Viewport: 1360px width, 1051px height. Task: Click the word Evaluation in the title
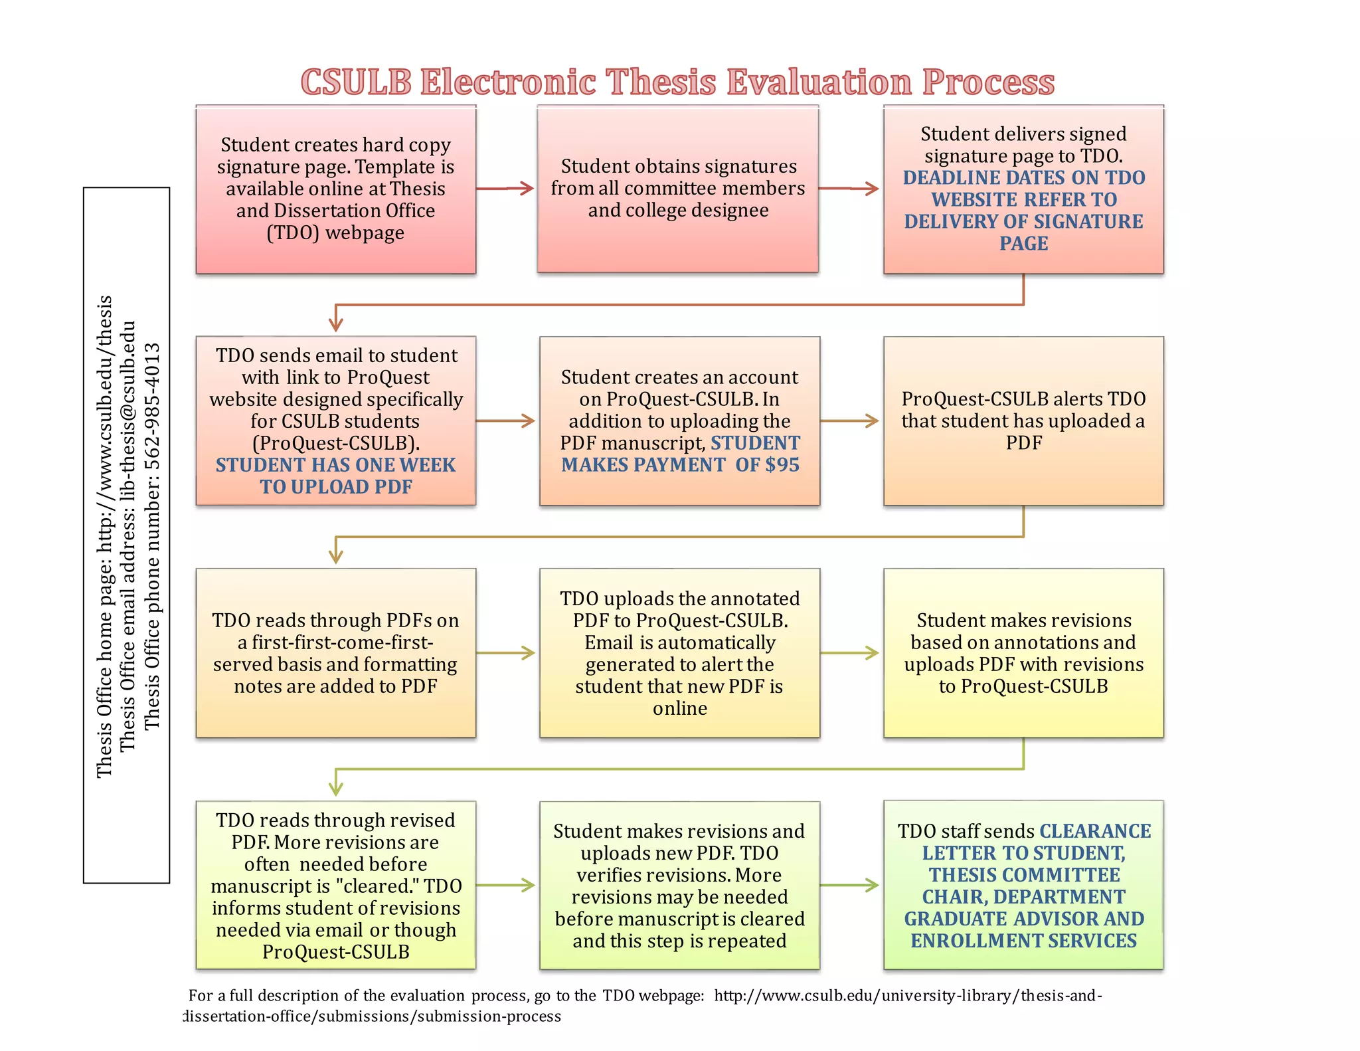pos(818,82)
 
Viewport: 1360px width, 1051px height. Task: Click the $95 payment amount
pos(783,464)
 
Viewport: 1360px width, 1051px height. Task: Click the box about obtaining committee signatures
pos(677,189)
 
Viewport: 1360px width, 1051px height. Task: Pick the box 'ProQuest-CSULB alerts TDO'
pos(1023,421)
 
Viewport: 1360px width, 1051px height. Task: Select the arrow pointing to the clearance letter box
pos(851,885)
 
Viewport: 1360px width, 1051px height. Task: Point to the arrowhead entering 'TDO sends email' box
pos(336,324)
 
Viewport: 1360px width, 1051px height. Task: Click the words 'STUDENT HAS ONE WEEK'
pos(335,465)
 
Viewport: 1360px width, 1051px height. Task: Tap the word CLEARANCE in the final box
pos(1095,831)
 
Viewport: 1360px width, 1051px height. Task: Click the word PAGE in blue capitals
pos(1023,243)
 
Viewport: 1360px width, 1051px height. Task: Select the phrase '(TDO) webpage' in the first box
pos(335,233)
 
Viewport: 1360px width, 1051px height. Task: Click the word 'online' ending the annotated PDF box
pos(679,708)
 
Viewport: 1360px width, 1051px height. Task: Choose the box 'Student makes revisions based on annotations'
pos(1023,653)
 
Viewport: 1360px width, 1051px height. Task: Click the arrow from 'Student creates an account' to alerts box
pos(851,421)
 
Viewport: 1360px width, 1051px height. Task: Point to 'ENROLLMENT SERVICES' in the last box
pos(1023,941)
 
